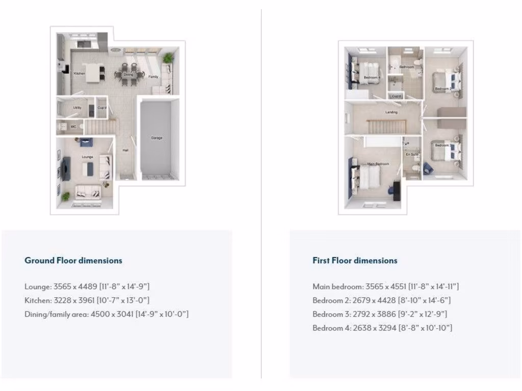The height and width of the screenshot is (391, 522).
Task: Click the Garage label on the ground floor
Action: pyautogui.click(x=156, y=138)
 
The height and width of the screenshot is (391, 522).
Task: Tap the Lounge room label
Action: pyautogui.click(x=87, y=157)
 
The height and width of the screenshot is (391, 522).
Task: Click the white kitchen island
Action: pyautogui.click(x=93, y=73)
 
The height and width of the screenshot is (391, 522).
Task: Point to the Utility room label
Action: pyautogui.click(x=77, y=108)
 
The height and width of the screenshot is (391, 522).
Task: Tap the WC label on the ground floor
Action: pyautogui.click(x=74, y=127)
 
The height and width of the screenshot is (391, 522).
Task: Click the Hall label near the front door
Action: pyautogui.click(x=125, y=150)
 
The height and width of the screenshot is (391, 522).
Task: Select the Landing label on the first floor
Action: pyautogui.click(x=391, y=113)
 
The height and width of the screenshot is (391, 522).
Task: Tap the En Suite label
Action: pyautogui.click(x=412, y=154)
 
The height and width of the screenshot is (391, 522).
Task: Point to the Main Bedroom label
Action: pyautogui.click(x=378, y=164)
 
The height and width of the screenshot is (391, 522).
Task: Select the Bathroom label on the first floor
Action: pyautogui.click(x=406, y=67)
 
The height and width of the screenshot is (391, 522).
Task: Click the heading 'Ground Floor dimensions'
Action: pyautogui.click(x=73, y=260)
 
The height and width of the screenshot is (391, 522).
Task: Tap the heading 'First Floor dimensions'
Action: pyautogui.click(x=355, y=260)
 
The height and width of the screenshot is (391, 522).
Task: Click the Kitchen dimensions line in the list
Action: pyautogui.click(x=87, y=300)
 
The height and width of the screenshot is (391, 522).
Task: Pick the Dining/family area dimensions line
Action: pyautogui.click(x=107, y=314)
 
